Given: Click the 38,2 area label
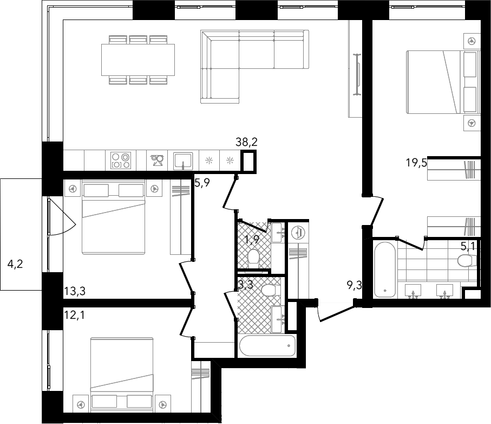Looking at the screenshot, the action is tap(246, 142).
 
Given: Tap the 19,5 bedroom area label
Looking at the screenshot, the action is tap(416, 163).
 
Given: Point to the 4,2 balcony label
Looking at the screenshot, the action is tap(15, 264).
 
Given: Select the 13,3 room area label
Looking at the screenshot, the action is tap(75, 291).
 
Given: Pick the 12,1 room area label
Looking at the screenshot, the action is tap(74, 314).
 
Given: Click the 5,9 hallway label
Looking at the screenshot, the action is tap(202, 182).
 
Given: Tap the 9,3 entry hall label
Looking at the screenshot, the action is tap(355, 285).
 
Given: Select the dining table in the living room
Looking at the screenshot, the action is tap(138, 60).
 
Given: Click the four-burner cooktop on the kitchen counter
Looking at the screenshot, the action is tap(121, 160).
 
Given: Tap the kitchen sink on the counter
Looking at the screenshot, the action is tap(183, 161).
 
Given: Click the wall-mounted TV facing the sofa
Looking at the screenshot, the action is tap(357, 74).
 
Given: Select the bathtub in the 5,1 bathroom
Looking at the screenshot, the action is tap(384, 269).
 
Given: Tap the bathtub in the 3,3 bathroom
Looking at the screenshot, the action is tap(267, 345).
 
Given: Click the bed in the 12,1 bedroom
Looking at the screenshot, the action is tap(122, 375).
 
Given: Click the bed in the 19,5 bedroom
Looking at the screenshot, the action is tap(443, 81).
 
